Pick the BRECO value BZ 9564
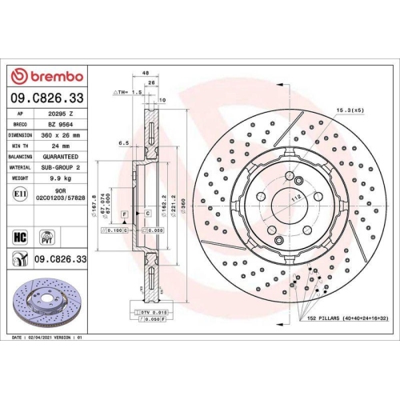click(x=61, y=125)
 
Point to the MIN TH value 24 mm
click(x=61, y=146)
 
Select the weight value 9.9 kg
click(x=61, y=178)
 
